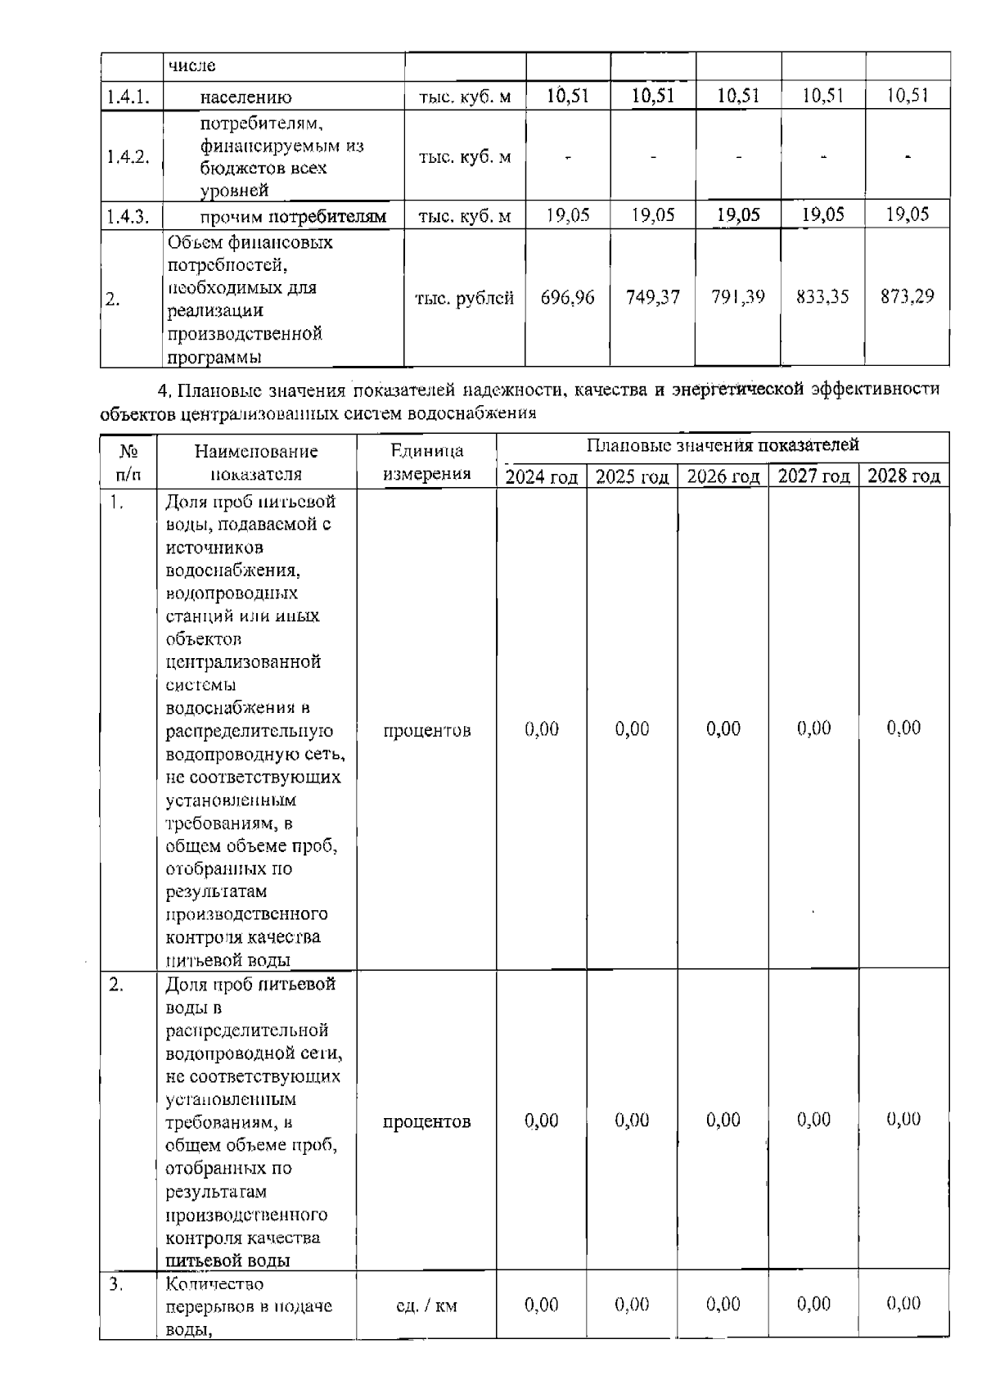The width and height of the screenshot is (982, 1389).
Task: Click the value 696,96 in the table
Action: click(567, 297)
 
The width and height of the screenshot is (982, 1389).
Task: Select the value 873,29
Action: click(907, 296)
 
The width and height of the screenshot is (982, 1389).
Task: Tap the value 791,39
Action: click(737, 297)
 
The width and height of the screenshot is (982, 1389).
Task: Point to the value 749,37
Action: click(652, 297)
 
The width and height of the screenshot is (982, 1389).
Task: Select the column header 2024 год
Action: click(541, 476)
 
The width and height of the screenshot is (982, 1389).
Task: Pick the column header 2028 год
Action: click(903, 476)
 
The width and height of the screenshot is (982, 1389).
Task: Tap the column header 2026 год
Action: click(723, 476)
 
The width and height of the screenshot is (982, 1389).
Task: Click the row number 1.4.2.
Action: click(128, 157)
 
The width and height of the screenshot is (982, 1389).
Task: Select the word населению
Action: click(245, 97)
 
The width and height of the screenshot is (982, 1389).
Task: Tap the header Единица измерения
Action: click(426, 462)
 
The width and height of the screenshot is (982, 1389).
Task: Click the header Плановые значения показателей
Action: click(723, 445)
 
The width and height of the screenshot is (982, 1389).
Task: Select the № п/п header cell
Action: click(127, 462)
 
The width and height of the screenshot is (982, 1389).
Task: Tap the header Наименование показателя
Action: click(255, 462)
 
